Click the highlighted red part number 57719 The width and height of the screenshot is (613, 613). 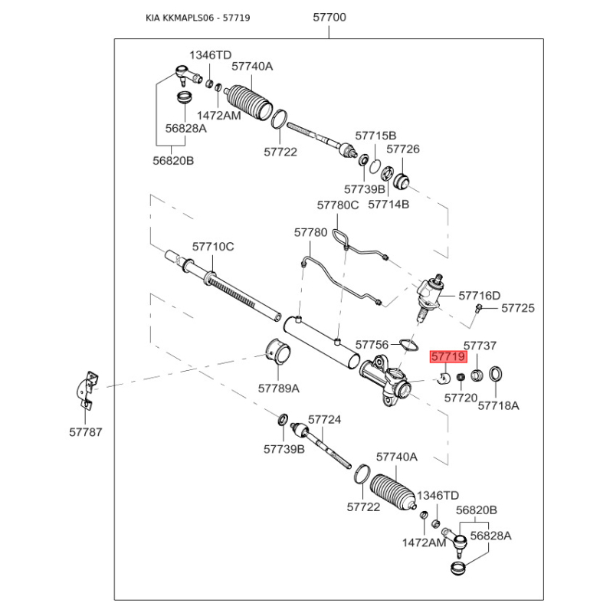(x=448, y=356)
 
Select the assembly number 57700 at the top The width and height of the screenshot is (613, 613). (x=329, y=17)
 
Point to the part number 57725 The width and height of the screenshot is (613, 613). (x=518, y=308)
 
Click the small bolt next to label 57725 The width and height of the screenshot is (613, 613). (x=478, y=308)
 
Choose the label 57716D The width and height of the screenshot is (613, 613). (x=479, y=295)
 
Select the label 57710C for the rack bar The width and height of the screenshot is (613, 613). (x=212, y=247)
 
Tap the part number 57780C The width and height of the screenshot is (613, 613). (x=338, y=205)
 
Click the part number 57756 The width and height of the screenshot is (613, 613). (x=372, y=345)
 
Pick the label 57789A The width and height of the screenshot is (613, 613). (x=278, y=388)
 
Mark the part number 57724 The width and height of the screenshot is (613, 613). (x=324, y=420)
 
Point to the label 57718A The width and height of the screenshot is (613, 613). (x=498, y=405)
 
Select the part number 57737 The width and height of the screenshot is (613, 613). (x=480, y=346)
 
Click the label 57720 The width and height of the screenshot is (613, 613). (x=461, y=398)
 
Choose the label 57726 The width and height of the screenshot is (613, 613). (x=403, y=149)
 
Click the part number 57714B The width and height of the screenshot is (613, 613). (x=388, y=205)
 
